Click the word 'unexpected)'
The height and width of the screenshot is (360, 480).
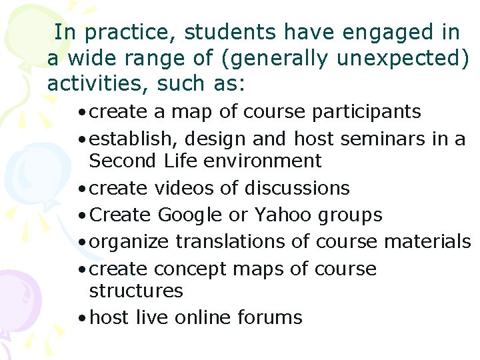[x=403, y=59]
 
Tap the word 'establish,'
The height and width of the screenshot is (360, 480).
[x=130, y=139]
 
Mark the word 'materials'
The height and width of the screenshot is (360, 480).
[x=429, y=242]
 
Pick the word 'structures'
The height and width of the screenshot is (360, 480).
[x=135, y=291]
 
